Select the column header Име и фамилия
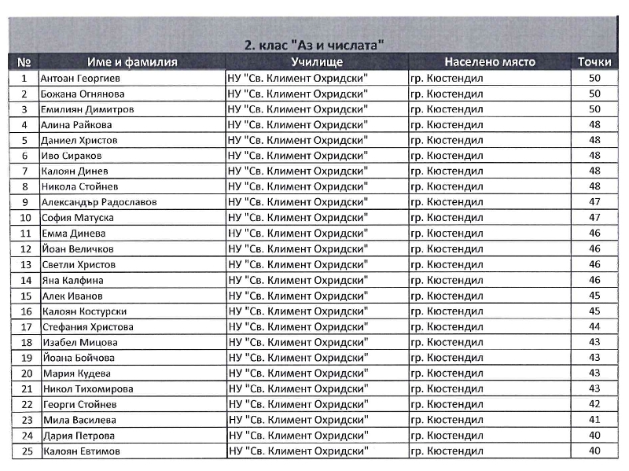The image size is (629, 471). point(132,62)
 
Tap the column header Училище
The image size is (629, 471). point(317,62)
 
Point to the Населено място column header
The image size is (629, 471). point(490,62)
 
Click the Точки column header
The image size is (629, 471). point(594,62)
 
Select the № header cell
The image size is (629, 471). point(24,62)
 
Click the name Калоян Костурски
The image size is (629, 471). point(85,311)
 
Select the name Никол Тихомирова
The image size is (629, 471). point(88,389)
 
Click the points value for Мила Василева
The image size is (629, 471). point(594,420)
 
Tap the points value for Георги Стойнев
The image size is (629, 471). point(594,404)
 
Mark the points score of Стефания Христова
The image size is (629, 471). point(594,327)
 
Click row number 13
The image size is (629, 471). point(25,265)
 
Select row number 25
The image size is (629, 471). point(25,451)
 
